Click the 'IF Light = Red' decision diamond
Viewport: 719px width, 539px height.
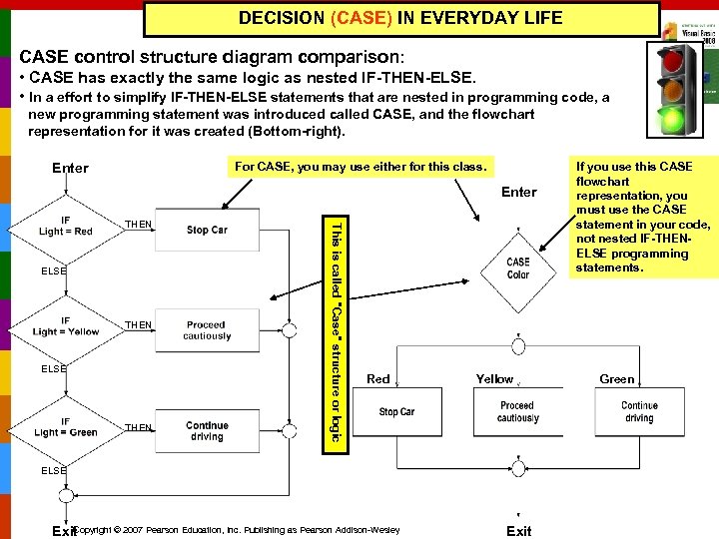pos(66,226)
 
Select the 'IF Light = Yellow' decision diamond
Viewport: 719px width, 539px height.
pos(66,325)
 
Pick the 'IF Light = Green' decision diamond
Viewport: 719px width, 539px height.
pos(66,427)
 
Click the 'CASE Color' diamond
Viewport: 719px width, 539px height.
pos(518,269)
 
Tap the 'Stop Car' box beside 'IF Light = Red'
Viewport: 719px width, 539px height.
pos(207,230)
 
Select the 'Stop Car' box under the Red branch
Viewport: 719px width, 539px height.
pos(396,411)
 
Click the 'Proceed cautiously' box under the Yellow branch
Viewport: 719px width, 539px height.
pos(517,411)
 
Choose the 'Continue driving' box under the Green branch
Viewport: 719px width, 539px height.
pos(639,411)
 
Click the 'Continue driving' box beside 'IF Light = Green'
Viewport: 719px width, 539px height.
pos(207,431)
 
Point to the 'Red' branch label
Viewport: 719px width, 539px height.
pos(378,379)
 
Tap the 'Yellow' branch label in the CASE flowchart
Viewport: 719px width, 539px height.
pos(494,379)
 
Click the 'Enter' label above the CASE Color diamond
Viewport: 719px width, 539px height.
pos(518,192)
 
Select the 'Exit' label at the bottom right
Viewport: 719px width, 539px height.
pos(518,531)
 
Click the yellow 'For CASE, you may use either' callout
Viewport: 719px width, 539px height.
pos(359,166)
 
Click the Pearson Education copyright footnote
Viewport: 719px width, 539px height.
pos(240,530)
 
